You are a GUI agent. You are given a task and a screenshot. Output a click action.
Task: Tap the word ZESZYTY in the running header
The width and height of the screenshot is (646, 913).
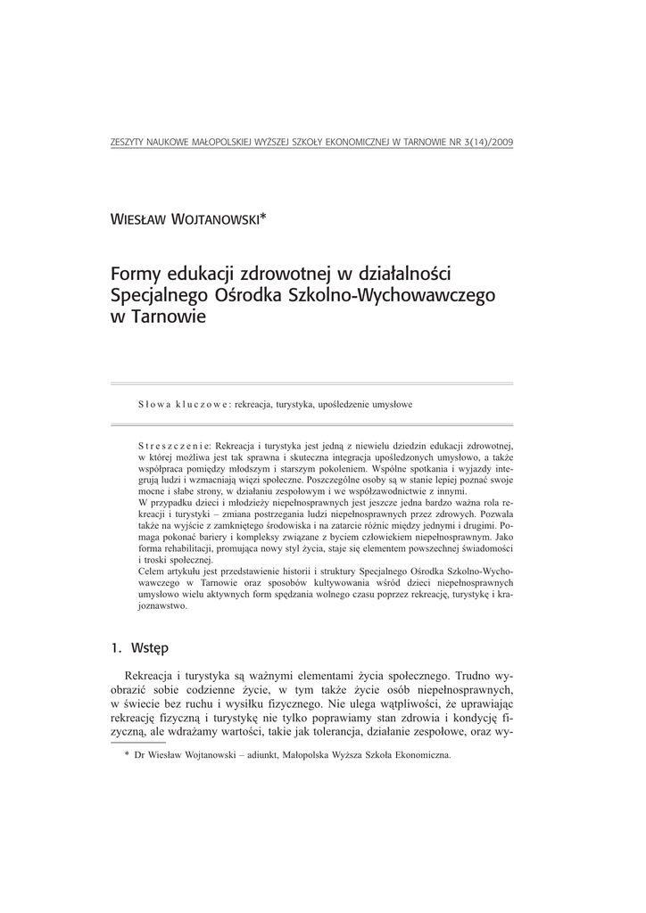(124, 143)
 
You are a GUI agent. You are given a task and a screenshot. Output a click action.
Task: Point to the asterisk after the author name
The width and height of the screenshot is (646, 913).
(263, 217)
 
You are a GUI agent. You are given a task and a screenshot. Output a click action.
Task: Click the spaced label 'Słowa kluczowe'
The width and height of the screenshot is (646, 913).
(184, 404)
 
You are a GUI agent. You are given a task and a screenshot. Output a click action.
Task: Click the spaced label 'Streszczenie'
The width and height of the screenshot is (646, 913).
(174, 445)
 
